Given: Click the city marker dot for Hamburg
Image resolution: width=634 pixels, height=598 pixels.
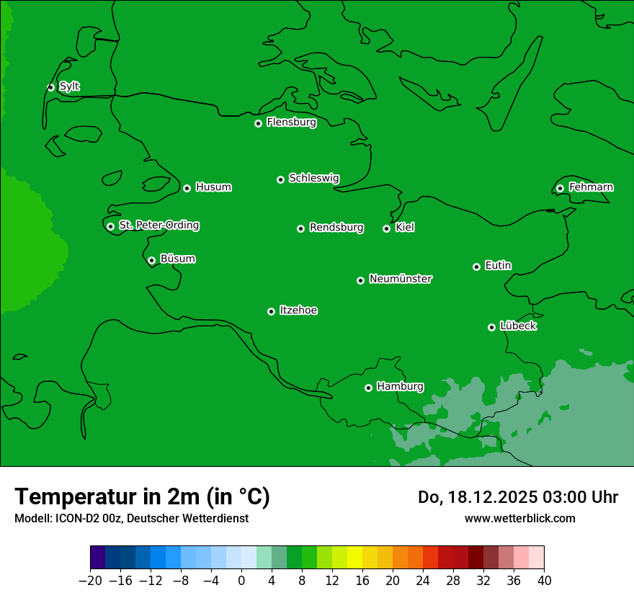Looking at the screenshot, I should click(368, 388).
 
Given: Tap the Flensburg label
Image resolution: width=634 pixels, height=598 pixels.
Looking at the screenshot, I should click(291, 122).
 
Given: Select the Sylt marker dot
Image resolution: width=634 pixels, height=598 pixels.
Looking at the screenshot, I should click(50, 87).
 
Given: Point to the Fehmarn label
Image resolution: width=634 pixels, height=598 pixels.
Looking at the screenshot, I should click(591, 187).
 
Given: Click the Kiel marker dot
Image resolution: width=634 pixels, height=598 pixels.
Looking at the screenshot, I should click(386, 228).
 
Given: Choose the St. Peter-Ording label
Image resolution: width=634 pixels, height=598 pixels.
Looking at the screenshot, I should click(158, 226).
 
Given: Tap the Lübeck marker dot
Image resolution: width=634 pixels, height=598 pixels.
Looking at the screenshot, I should click(491, 327).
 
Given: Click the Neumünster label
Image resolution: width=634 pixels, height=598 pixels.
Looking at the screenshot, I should click(401, 279).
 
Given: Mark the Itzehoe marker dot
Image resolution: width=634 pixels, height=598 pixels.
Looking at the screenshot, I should click(271, 311).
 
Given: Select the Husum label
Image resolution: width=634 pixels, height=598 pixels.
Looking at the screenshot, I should click(213, 187).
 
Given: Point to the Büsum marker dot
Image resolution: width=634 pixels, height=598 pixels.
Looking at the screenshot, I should click(151, 260).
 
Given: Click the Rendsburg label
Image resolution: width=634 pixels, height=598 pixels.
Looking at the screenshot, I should click(336, 228).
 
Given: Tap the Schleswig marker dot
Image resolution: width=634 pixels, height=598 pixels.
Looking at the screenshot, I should click(280, 179).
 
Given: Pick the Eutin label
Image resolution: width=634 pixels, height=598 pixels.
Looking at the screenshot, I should click(498, 266).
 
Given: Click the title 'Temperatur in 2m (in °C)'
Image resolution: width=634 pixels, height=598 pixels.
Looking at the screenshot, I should click(142, 496).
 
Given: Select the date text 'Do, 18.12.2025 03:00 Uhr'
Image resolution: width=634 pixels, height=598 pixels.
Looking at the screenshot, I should click(517, 497).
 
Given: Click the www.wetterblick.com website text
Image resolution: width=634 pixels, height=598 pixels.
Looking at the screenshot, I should click(519, 518).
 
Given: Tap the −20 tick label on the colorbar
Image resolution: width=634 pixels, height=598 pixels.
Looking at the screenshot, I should click(90, 581).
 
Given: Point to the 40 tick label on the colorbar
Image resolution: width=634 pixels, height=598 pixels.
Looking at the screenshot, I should click(544, 581).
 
